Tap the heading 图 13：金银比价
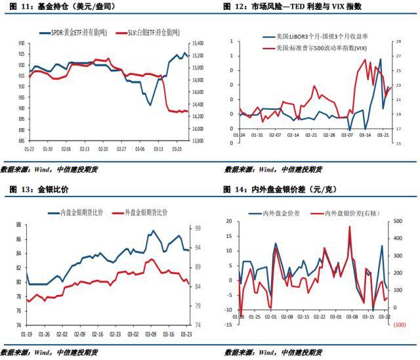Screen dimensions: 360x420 point(39,190)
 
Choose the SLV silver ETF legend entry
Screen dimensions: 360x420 point(144,32)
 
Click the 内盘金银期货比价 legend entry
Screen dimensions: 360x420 point(79,213)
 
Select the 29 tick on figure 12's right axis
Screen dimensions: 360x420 point(398,42)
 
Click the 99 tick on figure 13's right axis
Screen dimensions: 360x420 point(198,229)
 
